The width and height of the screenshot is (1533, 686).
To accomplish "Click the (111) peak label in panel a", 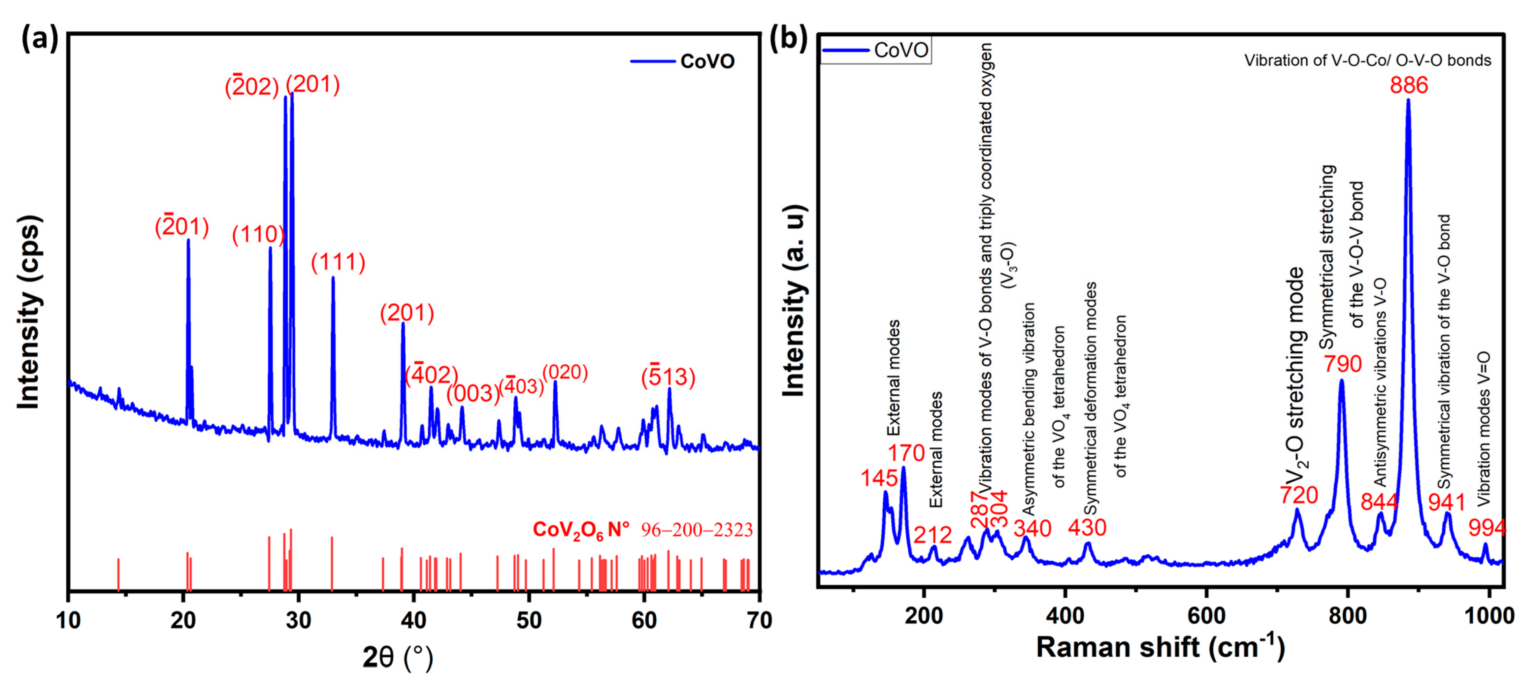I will pyautogui.click(x=338, y=263).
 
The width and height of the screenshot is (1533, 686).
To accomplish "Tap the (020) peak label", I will pyautogui.click(x=565, y=372).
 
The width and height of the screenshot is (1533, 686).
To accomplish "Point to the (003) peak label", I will pyautogui.click(x=473, y=394).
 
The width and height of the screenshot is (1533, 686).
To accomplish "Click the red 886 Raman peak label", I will pyautogui.click(x=1409, y=85).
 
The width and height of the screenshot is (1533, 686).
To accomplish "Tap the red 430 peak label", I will pyautogui.click(x=1087, y=528).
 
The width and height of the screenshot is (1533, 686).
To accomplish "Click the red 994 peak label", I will pyautogui.click(x=1487, y=528).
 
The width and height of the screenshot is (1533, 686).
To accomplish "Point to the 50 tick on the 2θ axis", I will pyautogui.click(x=529, y=620).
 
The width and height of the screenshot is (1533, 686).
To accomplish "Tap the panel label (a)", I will pyautogui.click(x=40, y=39).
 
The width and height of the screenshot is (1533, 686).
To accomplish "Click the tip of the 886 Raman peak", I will pyautogui.click(x=1408, y=100).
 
